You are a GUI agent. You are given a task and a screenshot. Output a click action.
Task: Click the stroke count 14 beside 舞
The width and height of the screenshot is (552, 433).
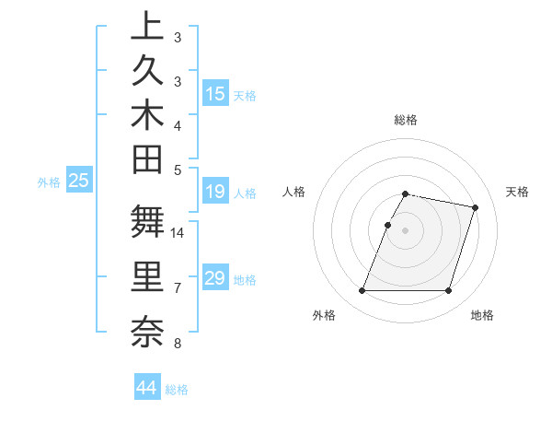[178, 233]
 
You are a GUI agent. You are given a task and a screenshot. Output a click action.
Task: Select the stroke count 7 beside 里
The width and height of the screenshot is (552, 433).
[178, 288]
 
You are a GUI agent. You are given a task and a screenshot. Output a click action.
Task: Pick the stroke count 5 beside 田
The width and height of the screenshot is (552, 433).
[178, 170]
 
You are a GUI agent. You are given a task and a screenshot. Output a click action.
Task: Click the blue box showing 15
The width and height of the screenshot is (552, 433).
[215, 93]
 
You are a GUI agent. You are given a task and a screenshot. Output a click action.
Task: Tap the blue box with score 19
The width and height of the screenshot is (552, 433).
[215, 192]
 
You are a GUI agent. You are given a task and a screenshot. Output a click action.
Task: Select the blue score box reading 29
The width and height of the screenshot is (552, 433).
[215, 278]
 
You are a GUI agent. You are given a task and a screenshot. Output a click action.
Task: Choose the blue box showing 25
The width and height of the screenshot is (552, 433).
[78, 181]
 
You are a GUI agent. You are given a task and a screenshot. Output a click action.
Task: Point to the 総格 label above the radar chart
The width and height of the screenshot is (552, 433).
[406, 120]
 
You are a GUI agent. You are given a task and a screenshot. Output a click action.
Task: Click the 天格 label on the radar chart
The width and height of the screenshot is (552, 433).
[517, 192]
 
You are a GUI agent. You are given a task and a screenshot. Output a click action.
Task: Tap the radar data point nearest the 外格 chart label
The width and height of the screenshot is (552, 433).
[362, 291]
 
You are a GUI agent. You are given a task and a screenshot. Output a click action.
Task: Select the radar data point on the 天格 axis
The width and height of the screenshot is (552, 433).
[475, 208]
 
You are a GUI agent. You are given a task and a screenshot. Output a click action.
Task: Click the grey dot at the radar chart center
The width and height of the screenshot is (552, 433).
[406, 230]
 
